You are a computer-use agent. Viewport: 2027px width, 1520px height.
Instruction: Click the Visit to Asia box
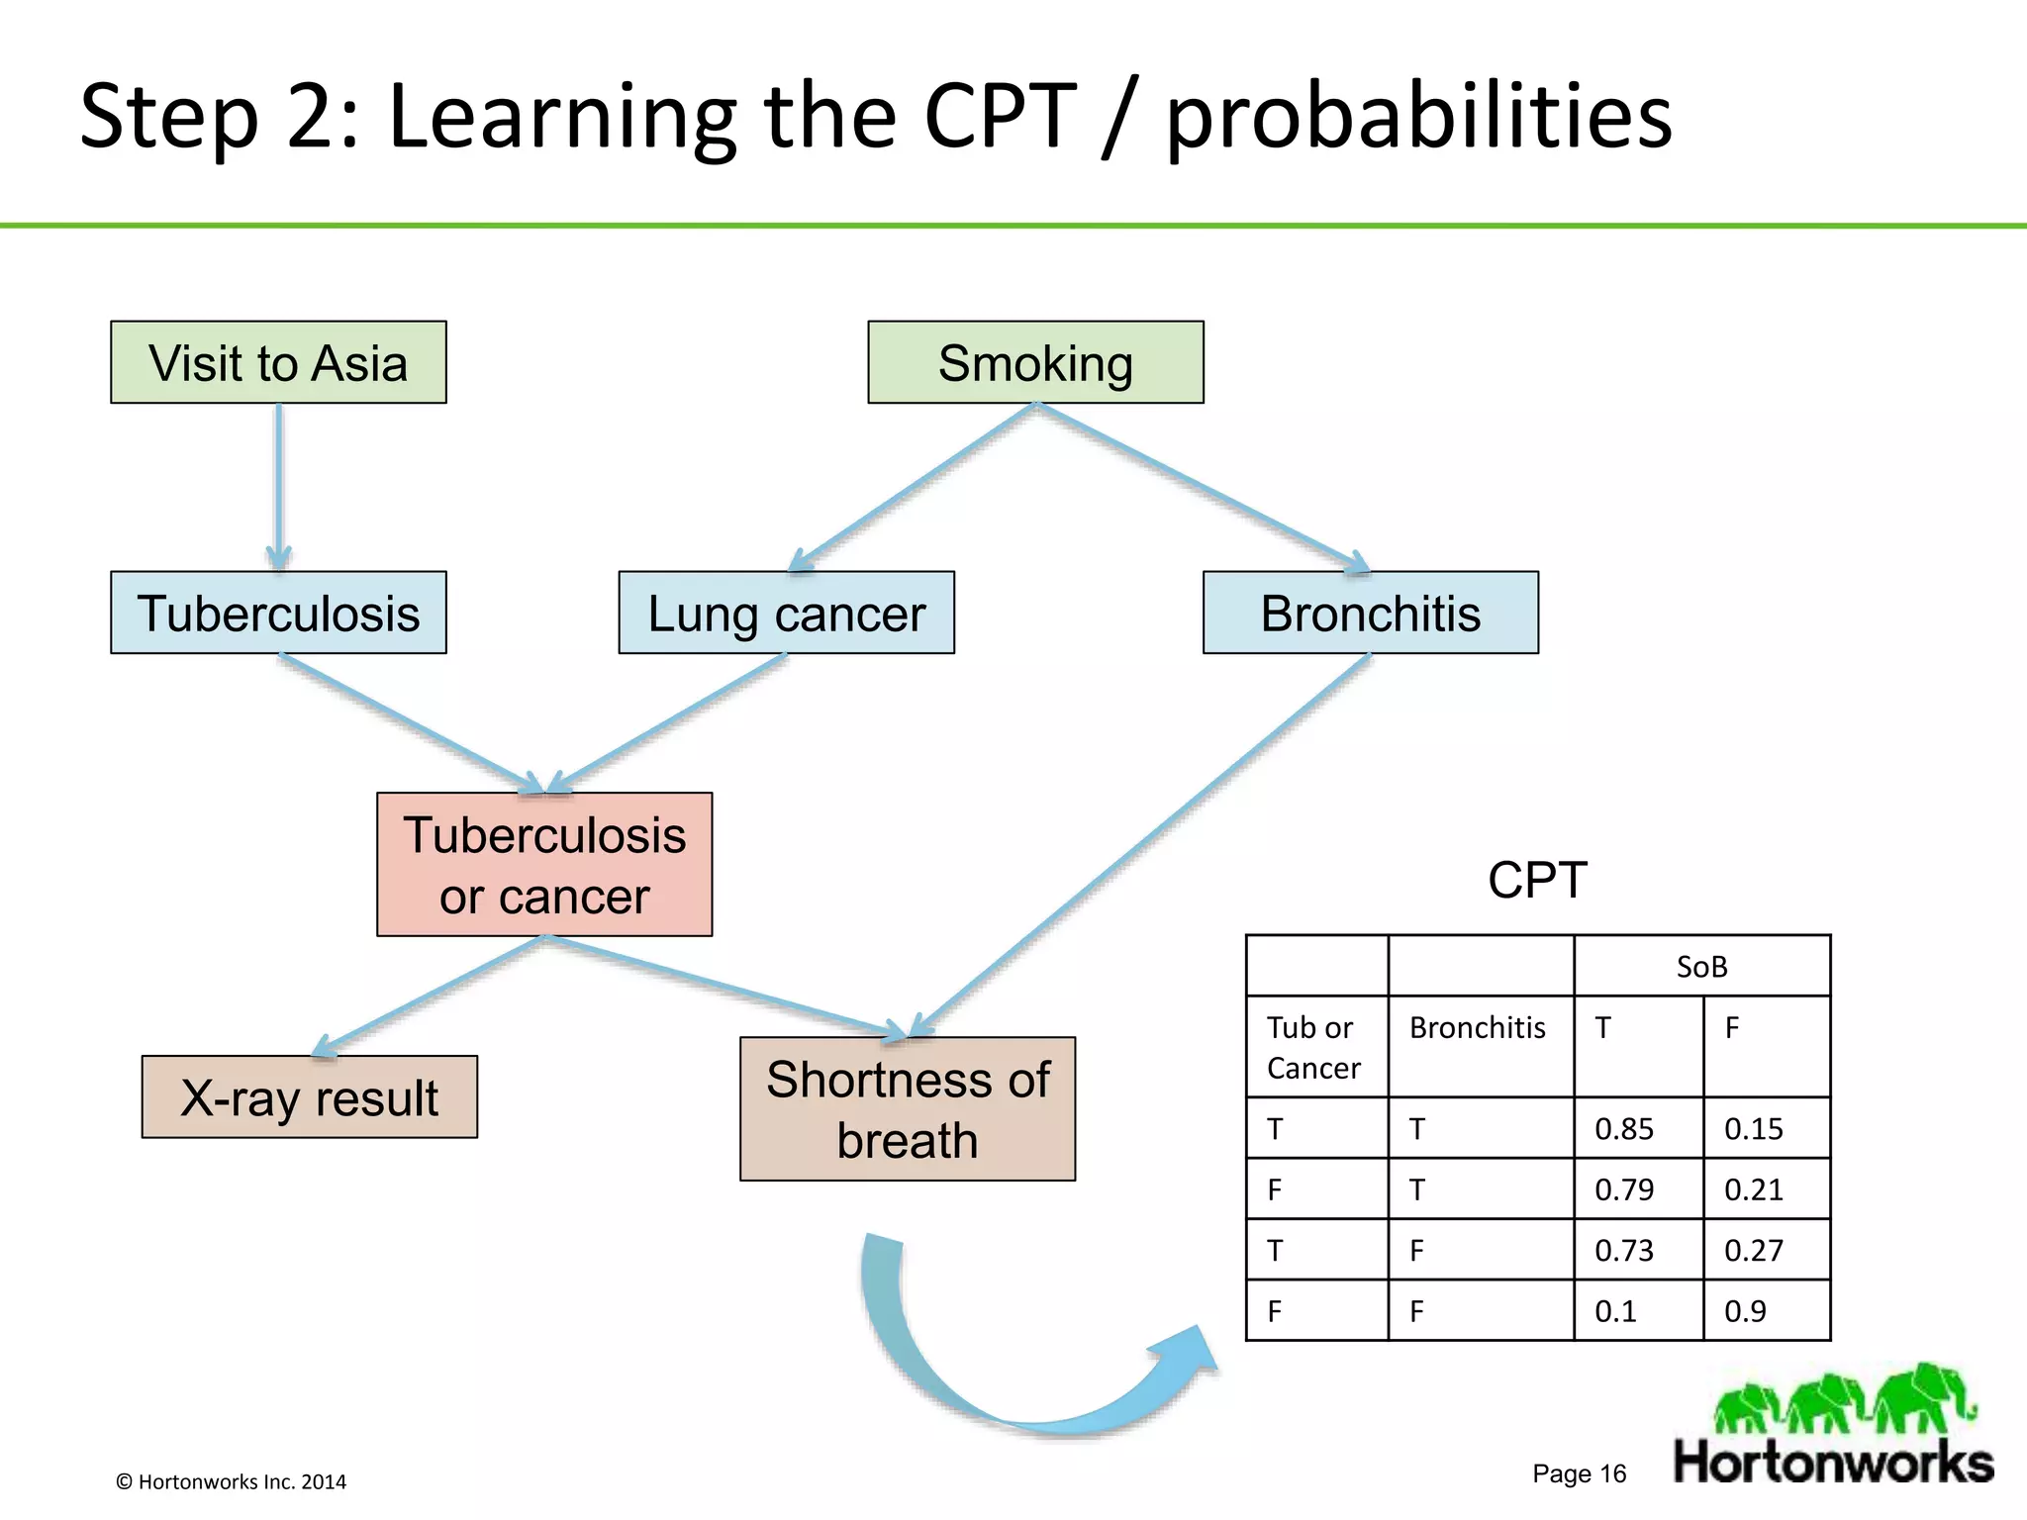[x=278, y=362]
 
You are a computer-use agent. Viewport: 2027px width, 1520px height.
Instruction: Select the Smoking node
[x=1035, y=362]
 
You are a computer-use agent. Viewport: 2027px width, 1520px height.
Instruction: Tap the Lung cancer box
[x=786, y=613]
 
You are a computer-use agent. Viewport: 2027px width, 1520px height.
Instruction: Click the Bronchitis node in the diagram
[x=1370, y=613]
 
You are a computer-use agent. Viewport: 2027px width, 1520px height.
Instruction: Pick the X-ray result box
[x=309, y=1097]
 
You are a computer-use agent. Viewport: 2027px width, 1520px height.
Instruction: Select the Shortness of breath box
[x=907, y=1109]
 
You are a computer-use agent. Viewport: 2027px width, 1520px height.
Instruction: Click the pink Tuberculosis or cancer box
[x=544, y=865]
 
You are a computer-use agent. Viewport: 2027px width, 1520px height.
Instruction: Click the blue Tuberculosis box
[x=278, y=613]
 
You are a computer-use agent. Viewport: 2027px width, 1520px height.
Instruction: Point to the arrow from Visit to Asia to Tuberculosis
[x=279, y=485]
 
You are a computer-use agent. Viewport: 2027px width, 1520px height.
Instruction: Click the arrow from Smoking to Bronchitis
[x=1203, y=487]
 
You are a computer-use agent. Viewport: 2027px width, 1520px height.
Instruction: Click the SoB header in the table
[x=1701, y=967]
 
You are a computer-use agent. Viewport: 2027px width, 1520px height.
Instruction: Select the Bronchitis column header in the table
[x=1478, y=1028]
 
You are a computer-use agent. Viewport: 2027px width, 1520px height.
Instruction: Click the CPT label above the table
[x=1537, y=880]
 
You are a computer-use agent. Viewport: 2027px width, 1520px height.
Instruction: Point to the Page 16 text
[x=1579, y=1473]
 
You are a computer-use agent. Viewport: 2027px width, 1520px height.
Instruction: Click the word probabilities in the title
[x=1418, y=117]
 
